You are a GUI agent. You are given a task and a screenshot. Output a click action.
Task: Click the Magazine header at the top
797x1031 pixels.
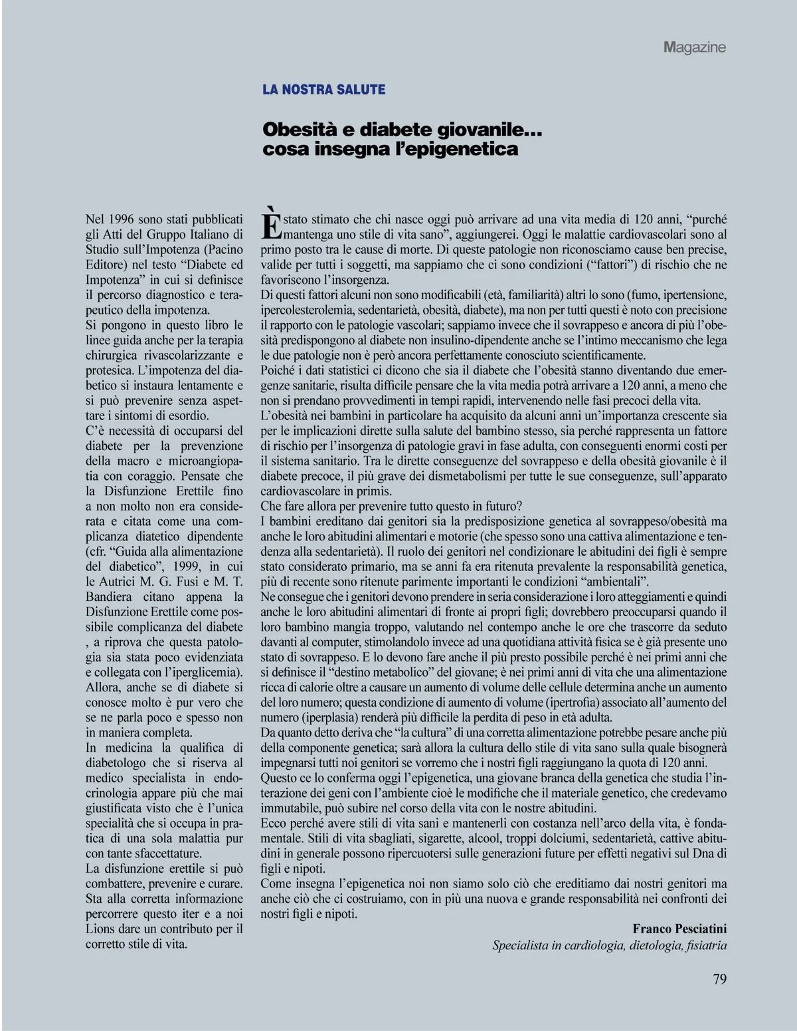pyautogui.click(x=694, y=47)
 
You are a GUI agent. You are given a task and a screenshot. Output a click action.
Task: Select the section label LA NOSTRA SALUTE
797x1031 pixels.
pyautogui.click(x=324, y=89)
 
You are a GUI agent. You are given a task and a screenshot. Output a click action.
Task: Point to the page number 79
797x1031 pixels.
pyautogui.click(x=719, y=979)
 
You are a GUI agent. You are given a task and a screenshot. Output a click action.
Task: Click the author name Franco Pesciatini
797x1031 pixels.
pyautogui.click(x=679, y=929)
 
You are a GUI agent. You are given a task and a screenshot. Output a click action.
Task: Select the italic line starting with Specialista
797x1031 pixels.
pyautogui.click(x=609, y=945)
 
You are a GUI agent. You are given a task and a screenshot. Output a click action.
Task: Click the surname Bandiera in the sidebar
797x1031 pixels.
pyautogui.click(x=108, y=597)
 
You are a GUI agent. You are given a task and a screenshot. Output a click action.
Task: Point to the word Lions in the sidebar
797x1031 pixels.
pyautogui.click(x=100, y=929)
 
